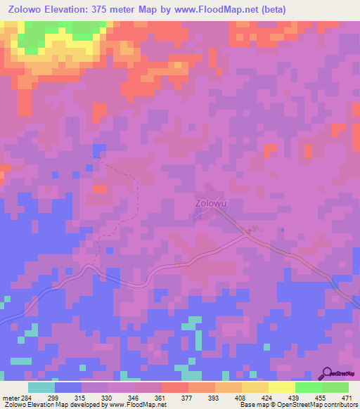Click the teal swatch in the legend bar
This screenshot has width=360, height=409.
(41, 387)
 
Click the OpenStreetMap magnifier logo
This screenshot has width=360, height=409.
(328, 373)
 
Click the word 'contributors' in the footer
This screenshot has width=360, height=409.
(338, 405)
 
